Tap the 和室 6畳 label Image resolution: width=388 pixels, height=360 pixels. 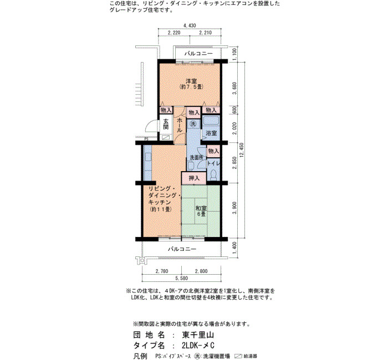(201, 211)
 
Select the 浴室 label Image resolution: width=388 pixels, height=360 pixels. (211, 133)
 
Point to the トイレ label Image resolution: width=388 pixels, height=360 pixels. (213, 163)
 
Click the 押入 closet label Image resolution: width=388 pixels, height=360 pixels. (194, 178)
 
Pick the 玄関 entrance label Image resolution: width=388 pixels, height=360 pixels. (166, 125)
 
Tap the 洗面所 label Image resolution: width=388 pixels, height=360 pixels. (196, 157)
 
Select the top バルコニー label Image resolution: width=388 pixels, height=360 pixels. (198, 53)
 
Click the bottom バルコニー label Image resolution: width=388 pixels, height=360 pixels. (182, 249)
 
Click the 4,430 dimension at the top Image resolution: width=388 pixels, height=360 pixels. (190, 25)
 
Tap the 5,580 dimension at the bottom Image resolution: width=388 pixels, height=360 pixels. (181, 278)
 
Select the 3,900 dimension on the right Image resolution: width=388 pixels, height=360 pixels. (235, 208)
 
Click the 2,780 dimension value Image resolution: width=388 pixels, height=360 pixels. (162, 271)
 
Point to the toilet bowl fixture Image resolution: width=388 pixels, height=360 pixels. (213, 175)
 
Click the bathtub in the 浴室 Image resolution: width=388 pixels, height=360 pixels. (211, 121)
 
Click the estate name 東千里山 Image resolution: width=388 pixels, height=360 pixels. (198, 335)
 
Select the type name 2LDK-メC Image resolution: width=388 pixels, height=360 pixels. (198, 345)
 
